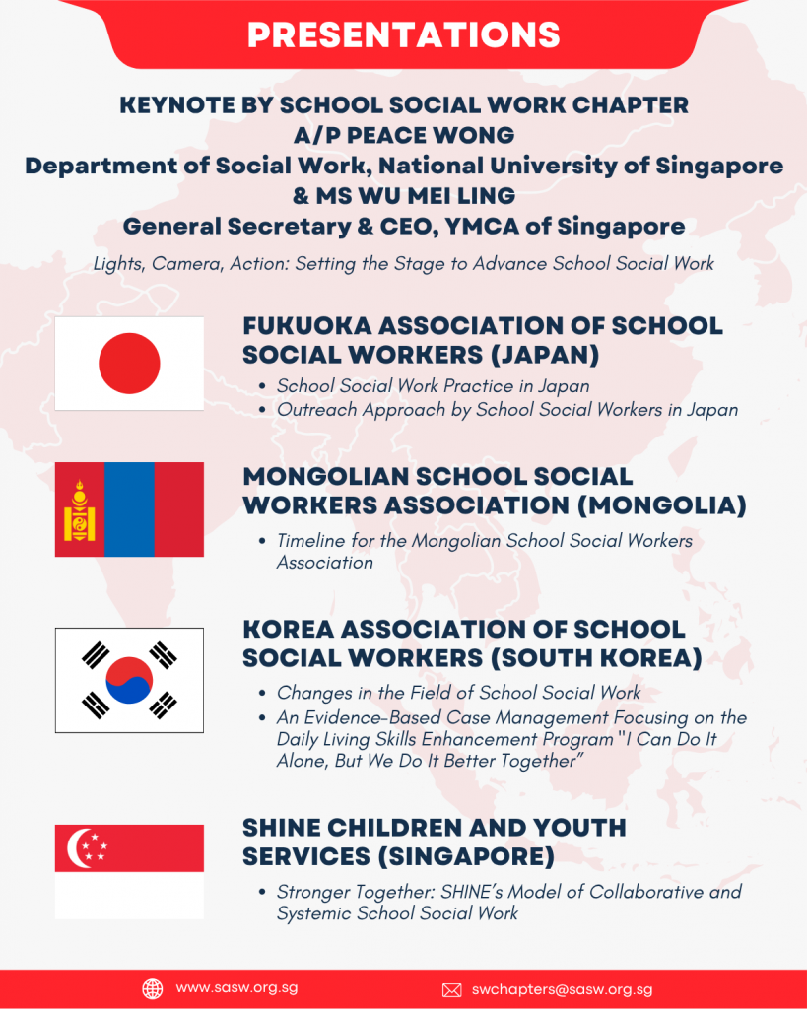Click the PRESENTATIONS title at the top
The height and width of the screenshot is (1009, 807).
tap(403, 34)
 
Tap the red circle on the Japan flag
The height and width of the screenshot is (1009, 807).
tap(129, 363)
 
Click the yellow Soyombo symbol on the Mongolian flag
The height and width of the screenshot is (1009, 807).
tap(79, 509)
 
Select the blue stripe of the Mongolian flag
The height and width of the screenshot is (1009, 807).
tap(129, 509)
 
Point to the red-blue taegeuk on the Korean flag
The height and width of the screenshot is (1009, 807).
tap(129, 680)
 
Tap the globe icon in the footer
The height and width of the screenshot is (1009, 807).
tap(153, 988)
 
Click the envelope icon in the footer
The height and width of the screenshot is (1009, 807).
tap(452, 989)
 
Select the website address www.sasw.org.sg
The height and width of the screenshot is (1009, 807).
tap(236, 988)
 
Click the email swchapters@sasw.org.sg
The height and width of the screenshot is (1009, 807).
tap(562, 989)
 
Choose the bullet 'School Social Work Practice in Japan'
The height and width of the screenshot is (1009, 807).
tap(433, 386)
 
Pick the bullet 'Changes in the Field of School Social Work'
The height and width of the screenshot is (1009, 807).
tap(458, 693)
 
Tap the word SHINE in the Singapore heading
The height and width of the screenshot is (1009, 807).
tap(286, 828)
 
